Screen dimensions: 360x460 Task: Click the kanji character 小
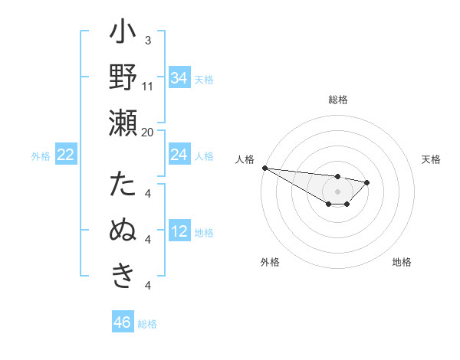pos(123,34)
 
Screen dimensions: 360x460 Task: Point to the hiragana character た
pos(123,186)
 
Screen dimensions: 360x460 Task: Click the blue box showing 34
pos(179,77)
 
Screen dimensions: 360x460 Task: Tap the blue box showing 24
pos(179,155)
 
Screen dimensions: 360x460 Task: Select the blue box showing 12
pos(179,231)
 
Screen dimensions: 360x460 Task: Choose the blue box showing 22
pos(65,155)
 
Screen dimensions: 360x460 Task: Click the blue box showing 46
pos(123,322)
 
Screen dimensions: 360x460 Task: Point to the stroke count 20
pos(148,132)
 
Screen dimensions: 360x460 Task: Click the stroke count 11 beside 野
pos(148,87)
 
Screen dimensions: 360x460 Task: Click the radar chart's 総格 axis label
pos(338,100)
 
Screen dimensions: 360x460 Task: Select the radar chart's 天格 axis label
pos(431,159)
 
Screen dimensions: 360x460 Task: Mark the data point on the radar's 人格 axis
pos(264,168)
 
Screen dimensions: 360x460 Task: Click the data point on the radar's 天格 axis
pos(367,182)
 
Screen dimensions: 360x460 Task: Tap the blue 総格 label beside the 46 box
pos(147,324)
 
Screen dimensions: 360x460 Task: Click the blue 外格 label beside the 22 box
pos(41,156)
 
